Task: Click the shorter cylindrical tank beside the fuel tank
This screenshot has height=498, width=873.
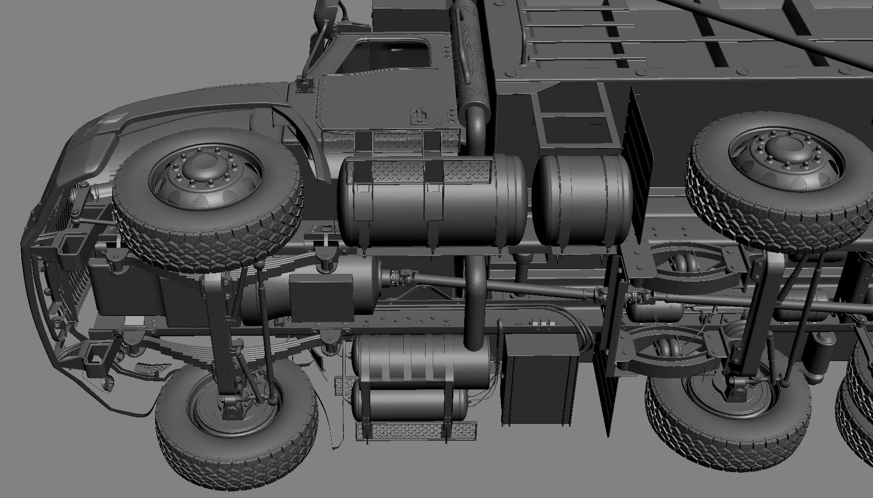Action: coord(582,199)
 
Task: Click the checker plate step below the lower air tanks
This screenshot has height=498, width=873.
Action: coord(416,431)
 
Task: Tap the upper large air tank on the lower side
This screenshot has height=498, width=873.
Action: coord(421,358)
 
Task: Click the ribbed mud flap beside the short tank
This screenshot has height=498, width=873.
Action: coord(637,152)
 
